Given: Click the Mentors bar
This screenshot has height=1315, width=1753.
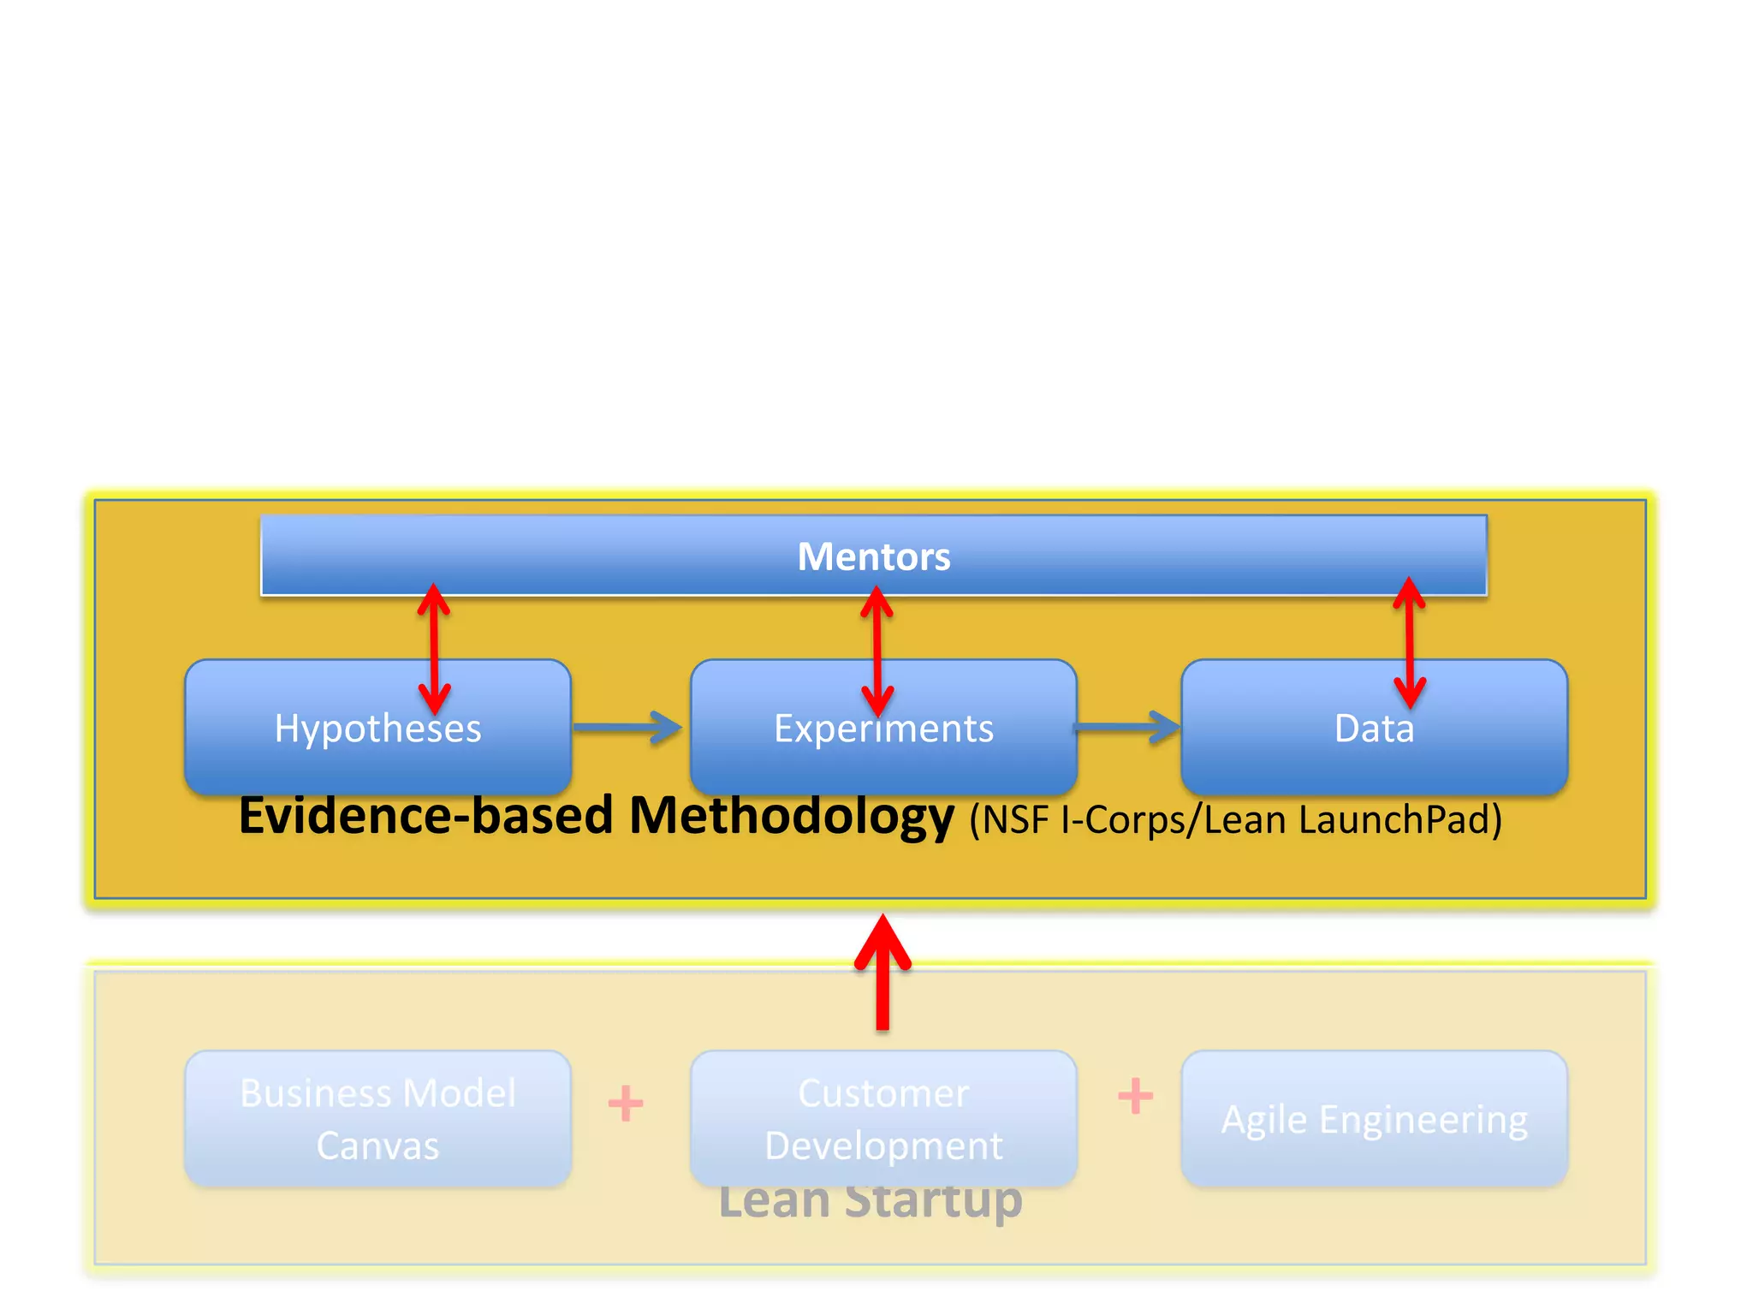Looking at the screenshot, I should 874,556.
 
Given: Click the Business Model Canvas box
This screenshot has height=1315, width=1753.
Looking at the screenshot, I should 377,1119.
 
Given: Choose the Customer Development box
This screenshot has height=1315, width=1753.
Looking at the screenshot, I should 883,1119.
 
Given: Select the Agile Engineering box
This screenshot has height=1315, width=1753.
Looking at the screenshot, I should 1374,1119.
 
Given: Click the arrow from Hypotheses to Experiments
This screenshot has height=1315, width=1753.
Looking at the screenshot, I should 627,728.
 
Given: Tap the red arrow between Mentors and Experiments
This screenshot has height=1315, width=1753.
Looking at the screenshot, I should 876,651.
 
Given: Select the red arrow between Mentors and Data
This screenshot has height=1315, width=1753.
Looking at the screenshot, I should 1409,642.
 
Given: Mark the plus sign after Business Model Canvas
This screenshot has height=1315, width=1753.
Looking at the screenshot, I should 626,1103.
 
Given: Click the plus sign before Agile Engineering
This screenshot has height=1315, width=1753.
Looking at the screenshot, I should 1135,1096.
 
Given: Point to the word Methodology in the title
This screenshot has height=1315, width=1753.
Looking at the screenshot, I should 791,816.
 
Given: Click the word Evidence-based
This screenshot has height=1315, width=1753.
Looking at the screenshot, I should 425,816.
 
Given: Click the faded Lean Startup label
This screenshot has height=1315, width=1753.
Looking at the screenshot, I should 871,1200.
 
